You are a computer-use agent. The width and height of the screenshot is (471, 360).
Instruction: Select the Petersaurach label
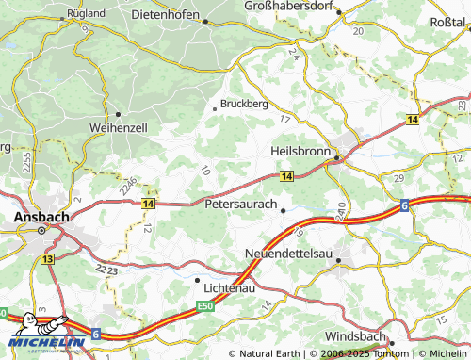tap(241, 203)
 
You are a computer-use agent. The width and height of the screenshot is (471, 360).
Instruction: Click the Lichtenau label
tap(230, 281)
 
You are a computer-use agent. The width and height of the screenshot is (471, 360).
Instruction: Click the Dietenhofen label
tap(168, 14)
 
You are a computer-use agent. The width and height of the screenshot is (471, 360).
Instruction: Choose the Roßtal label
tap(447, 21)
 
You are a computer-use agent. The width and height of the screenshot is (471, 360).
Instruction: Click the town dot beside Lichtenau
tap(197, 280)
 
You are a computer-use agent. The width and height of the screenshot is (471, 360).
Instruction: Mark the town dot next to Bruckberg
tap(215, 109)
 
